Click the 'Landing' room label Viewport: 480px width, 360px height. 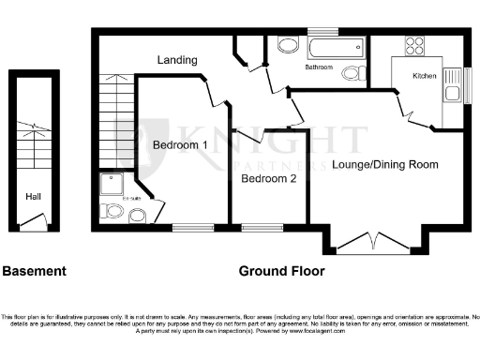click(x=177, y=60)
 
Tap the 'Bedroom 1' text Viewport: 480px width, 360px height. click(x=180, y=145)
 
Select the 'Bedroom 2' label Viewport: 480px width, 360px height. click(x=268, y=178)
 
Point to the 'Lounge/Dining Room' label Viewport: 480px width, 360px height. click(x=385, y=164)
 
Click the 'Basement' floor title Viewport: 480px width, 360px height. click(x=35, y=272)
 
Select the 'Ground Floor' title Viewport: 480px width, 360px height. click(x=281, y=272)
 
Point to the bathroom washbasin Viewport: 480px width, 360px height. click(x=287, y=46)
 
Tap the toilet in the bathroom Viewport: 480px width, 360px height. click(x=352, y=73)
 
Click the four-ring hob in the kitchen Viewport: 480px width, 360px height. click(x=414, y=44)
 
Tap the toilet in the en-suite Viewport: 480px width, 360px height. click(x=114, y=213)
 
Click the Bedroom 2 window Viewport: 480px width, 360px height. click(x=256, y=226)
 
